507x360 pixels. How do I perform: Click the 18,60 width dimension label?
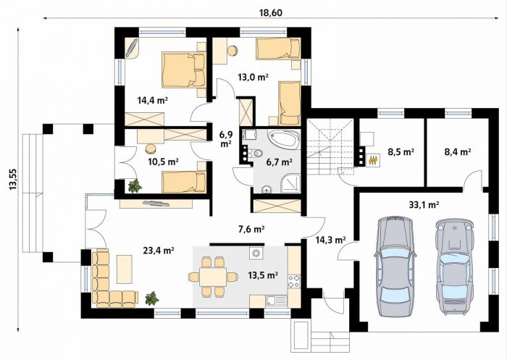(x=271, y=12)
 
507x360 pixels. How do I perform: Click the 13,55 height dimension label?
(x=13, y=179)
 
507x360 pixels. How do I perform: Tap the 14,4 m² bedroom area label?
(x=153, y=100)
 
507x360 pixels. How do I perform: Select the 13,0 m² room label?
(x=253, y=77)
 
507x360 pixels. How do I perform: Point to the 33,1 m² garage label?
(x=424, y=204)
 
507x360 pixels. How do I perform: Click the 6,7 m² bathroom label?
(x=280, y=162)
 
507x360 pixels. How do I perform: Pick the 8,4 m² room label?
(x=458, y=151)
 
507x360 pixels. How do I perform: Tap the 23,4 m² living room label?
(x=159, y=250)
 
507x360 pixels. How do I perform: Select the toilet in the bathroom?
(x=258, y=152)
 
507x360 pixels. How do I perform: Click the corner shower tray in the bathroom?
(x=290, y=183)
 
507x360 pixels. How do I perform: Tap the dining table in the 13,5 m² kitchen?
(x=212, y=277)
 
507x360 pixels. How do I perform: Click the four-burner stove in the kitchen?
(x=294, y=281)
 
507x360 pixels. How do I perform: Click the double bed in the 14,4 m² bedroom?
(x=184, y=70)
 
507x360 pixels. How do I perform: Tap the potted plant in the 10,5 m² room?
(x=135, y=186)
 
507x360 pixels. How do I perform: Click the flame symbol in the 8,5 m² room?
(x=374, y=160)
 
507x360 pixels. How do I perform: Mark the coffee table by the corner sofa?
(x=125, y=269)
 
